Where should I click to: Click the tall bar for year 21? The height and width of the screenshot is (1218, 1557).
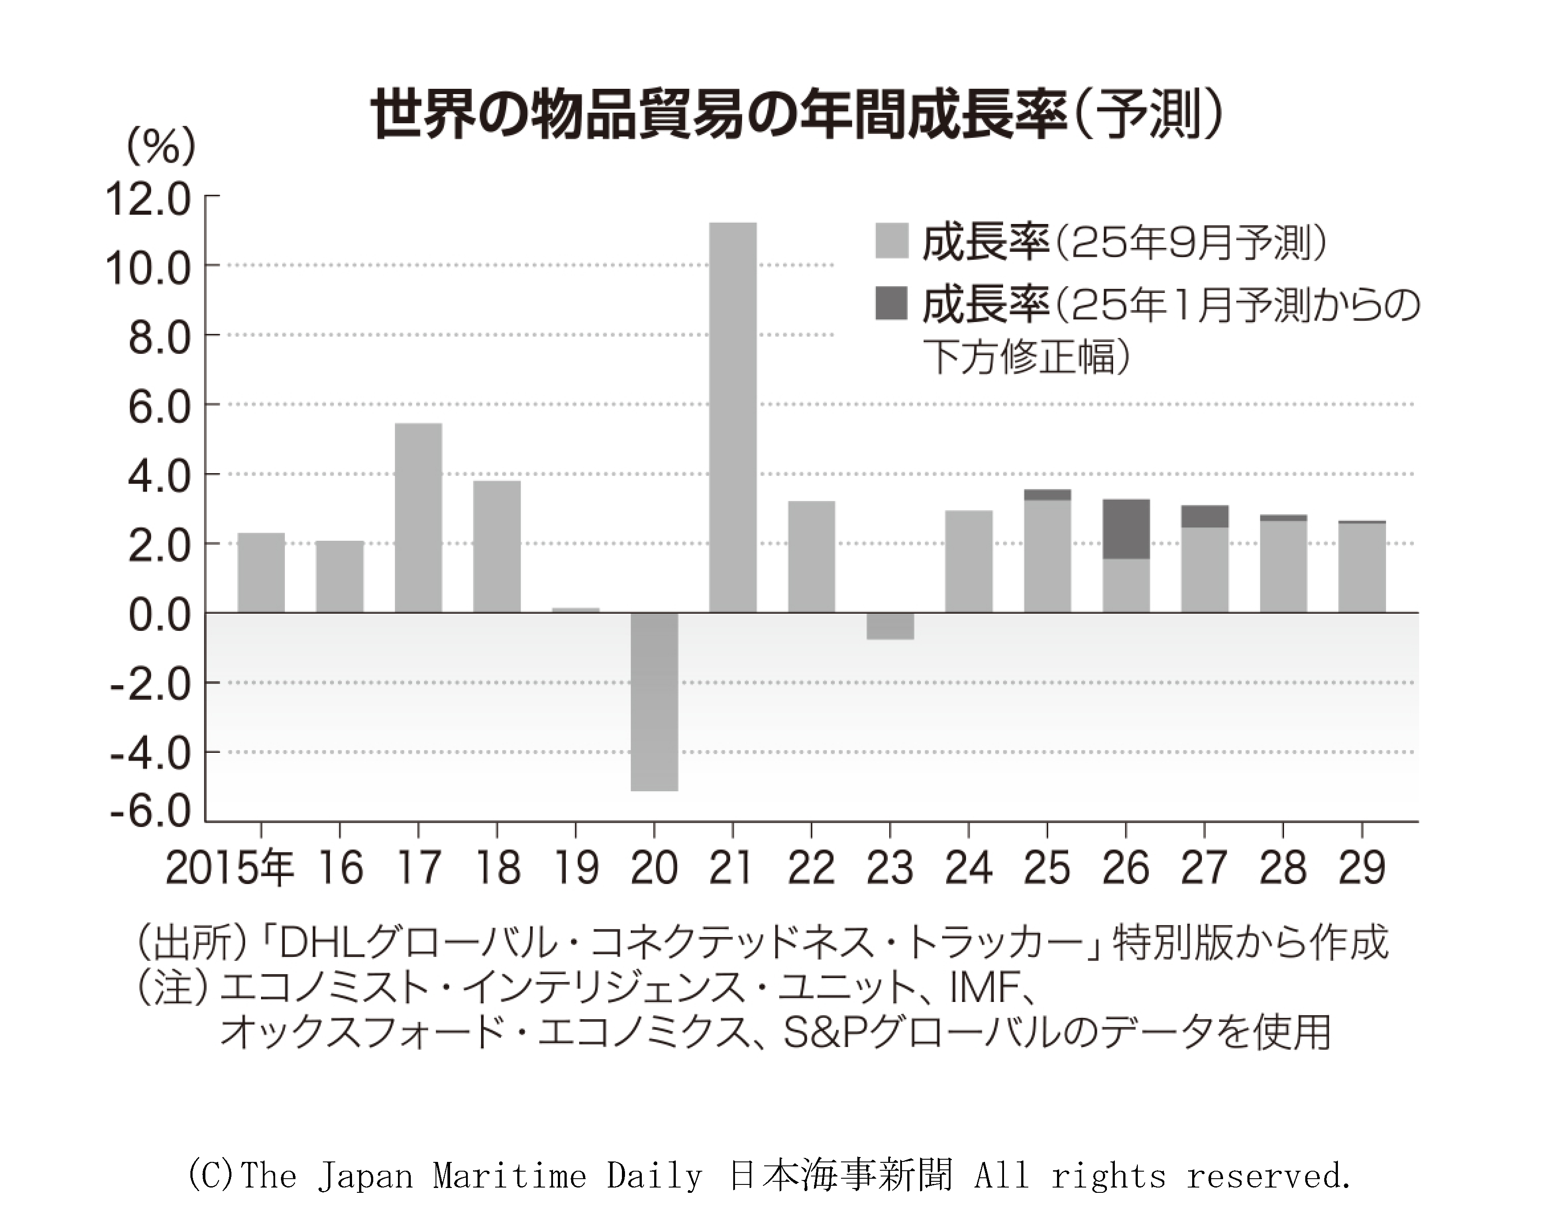[x=732, y=417]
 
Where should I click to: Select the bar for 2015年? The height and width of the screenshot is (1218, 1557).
[x=261, y=573]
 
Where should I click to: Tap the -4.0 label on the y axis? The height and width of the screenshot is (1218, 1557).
[x=151, y=753]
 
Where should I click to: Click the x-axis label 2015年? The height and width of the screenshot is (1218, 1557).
[x=230, y=868]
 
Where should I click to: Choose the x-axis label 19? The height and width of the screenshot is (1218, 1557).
[x=576, y=868]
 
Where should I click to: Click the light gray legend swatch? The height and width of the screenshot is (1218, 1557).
[x=891, y=240]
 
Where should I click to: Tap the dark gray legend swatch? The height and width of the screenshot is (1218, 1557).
[x=891, y=303]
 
